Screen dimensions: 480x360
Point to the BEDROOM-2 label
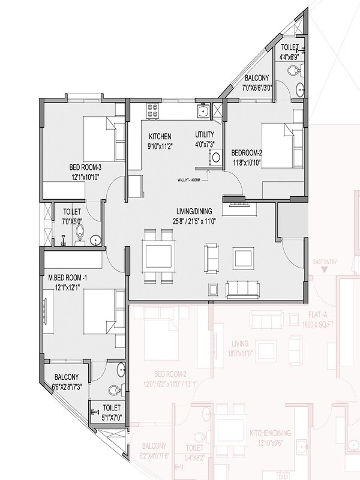[245, 153]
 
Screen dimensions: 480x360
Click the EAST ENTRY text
[325, 262]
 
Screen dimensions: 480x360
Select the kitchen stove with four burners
[152, 110]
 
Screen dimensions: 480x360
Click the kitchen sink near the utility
[203, 110]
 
